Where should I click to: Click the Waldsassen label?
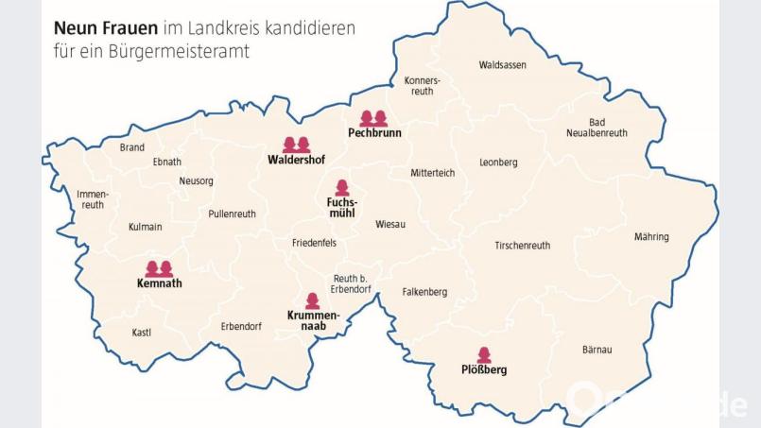(502, 65)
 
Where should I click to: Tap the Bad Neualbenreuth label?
(597, 128)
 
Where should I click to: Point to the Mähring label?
(651, 236)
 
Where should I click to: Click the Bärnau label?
(597, 350)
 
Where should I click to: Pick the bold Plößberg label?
(484, 370)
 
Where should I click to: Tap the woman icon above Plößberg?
(484, 354)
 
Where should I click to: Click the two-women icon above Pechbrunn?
(374, 118)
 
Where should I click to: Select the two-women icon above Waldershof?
(297, 145)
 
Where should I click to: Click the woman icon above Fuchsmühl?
(341, 188)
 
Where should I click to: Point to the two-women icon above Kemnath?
(159, 268)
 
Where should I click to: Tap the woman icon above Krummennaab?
(313, 300)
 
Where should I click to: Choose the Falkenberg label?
(424, 292)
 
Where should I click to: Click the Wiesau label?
(390, 224)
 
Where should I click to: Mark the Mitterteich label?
(432, 173)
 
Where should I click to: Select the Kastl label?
(142, 332)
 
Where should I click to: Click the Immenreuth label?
(93, 199)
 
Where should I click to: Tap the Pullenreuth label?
(232, 214)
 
